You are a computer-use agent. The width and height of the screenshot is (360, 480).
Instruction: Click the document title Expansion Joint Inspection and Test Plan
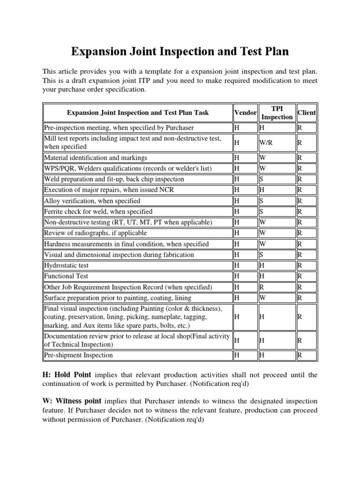click(180, 51)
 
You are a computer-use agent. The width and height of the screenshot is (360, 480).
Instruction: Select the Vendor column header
click(245, 112)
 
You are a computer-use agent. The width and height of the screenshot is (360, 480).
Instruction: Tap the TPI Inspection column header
click(277, 112)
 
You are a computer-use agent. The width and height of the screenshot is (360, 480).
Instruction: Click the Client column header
click(307, 112)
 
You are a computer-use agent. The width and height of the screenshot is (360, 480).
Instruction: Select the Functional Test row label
click(66, 276)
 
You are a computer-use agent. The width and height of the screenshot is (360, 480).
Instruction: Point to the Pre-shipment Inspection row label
click(78, 355)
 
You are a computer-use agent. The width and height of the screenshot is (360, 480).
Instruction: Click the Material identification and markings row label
click(95, 158)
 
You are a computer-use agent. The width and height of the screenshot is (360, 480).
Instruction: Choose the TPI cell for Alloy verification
click(261, 201)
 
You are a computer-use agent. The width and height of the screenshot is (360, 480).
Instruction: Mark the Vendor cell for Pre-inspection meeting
click(237, 127)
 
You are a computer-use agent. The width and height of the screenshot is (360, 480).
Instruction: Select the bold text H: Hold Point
click(67, 375)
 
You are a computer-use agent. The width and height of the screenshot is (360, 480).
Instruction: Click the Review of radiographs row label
click(95, 233)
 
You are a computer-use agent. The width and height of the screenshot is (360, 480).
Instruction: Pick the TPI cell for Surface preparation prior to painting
click(262, 298)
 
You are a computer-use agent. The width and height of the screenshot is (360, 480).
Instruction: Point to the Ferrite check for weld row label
click(98, 211)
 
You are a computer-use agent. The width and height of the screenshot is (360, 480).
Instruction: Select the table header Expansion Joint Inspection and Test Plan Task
click(138, 112)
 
